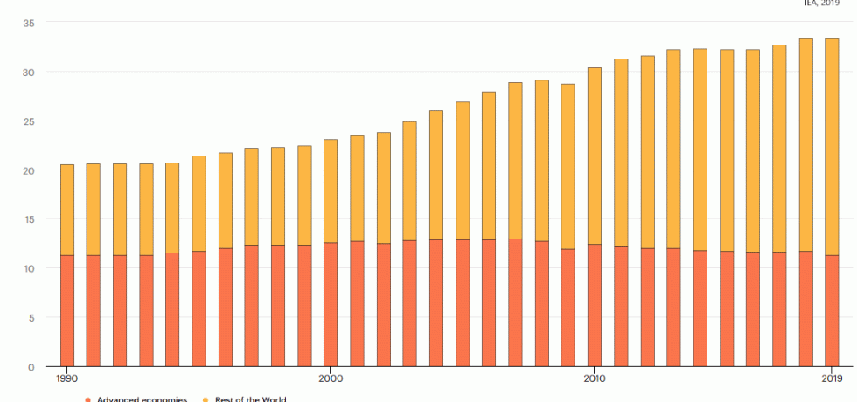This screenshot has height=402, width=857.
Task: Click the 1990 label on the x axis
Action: point(66,378)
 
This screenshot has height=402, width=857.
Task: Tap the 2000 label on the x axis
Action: point(330,378)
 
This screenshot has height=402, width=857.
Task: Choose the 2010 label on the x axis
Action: point(594,378)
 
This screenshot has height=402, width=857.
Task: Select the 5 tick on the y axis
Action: point(31,318)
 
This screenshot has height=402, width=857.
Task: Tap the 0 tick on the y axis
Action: point(31,367)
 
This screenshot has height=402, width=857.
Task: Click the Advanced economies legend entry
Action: point(140,399)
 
